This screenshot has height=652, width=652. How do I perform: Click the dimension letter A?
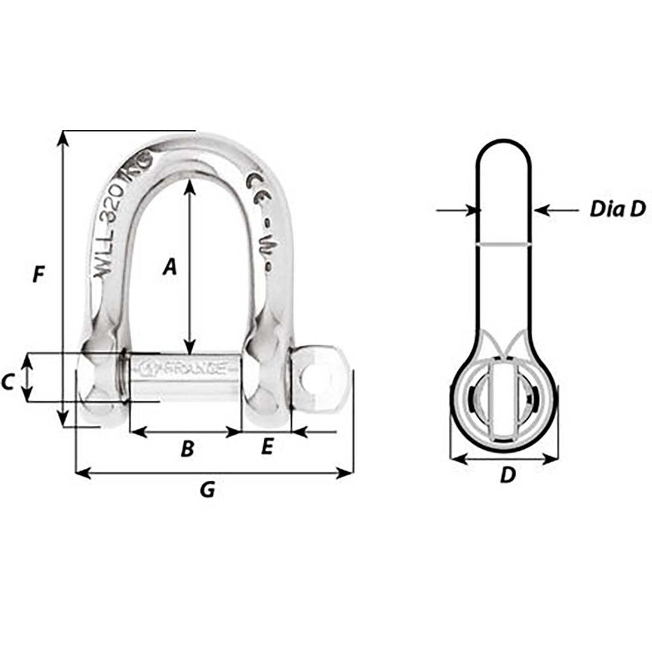170,266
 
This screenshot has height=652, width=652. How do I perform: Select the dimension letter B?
187,449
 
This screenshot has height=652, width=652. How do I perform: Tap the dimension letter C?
7,382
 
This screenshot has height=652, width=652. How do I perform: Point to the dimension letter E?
267,447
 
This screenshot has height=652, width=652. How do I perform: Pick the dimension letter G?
207,490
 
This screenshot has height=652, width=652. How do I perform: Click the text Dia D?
617,209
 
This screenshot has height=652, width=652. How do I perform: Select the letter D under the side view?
507,475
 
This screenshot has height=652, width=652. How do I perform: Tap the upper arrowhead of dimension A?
189,186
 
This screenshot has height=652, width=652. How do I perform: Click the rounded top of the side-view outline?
504,140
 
